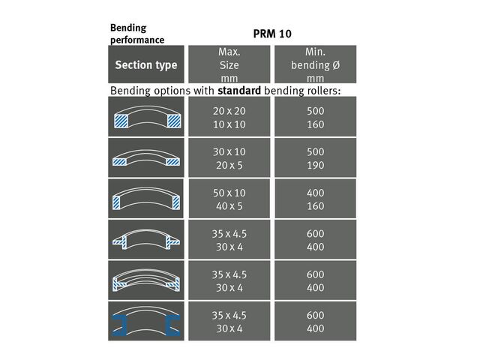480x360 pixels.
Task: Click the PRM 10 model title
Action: tap(272, 34)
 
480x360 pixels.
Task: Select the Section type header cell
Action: tap(146, 64)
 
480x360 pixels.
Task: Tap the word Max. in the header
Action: tap(229, 52)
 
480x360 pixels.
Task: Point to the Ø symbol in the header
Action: tap(336, 65)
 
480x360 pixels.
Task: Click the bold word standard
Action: tap(239, 91)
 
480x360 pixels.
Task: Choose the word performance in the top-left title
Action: tap(137, 40)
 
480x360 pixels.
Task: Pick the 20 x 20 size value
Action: tap(229, 111)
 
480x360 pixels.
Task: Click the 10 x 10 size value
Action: tap(229, 124)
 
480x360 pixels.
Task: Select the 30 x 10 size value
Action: tap(229, 151)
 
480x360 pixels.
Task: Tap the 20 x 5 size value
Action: tap(229, 165)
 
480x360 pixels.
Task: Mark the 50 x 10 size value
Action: tap(229, 193)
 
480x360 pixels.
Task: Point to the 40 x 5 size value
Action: tap(229, 206)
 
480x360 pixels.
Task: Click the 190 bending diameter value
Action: tap(315, 165)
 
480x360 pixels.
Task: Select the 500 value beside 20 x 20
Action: tap(315, 111)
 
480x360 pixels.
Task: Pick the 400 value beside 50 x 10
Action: tap(315, 193)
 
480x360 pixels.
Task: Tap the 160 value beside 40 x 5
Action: tap(315, 206)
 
